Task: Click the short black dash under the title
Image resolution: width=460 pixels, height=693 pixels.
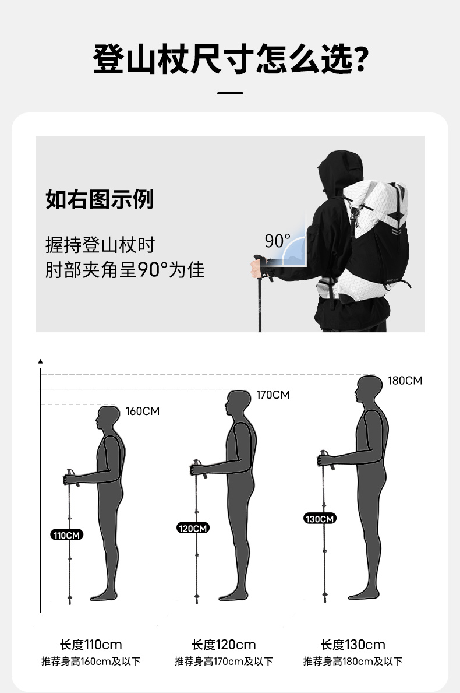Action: coord(230,93)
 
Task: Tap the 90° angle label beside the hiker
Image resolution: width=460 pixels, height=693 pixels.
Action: coord(277,241)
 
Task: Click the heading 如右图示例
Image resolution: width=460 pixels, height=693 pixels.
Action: coord(100,199)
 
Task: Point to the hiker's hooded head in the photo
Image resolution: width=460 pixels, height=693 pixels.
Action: coord(340,170)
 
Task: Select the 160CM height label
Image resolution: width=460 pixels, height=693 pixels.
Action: coord(142,411)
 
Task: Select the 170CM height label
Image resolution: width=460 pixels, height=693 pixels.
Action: coord(273,395)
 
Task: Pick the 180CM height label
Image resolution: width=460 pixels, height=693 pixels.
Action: coord(405,381)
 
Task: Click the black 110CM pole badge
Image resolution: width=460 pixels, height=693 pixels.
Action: coord(66,535)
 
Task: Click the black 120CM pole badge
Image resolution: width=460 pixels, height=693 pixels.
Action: coord(193,528)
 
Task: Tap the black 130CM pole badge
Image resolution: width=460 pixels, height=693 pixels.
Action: coord(320,518)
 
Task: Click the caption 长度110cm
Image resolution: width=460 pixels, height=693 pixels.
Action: coord(91,645)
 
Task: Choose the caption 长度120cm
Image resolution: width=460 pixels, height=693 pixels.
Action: coord(224,645)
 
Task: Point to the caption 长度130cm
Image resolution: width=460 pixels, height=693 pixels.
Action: coord(353,645)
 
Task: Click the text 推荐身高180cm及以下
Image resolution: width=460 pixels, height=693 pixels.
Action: coord(353,661)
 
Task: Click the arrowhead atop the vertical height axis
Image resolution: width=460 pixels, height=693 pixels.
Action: coord(40,361)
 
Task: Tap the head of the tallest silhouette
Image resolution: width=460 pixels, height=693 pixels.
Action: coord(369,389)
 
